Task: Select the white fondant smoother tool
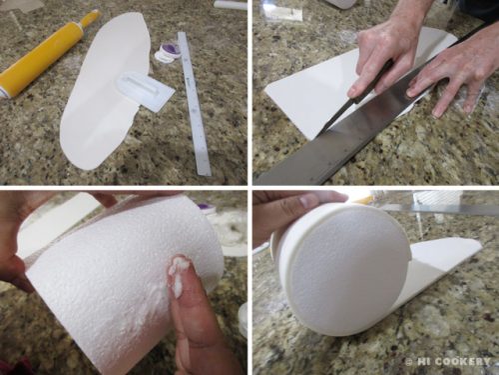tap(146, 88)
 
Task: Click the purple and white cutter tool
tap(168, 53)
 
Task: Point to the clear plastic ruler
tap(194, 103)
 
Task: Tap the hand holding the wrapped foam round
tap(296, 210)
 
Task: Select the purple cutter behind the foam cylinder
tap(207, 208)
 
